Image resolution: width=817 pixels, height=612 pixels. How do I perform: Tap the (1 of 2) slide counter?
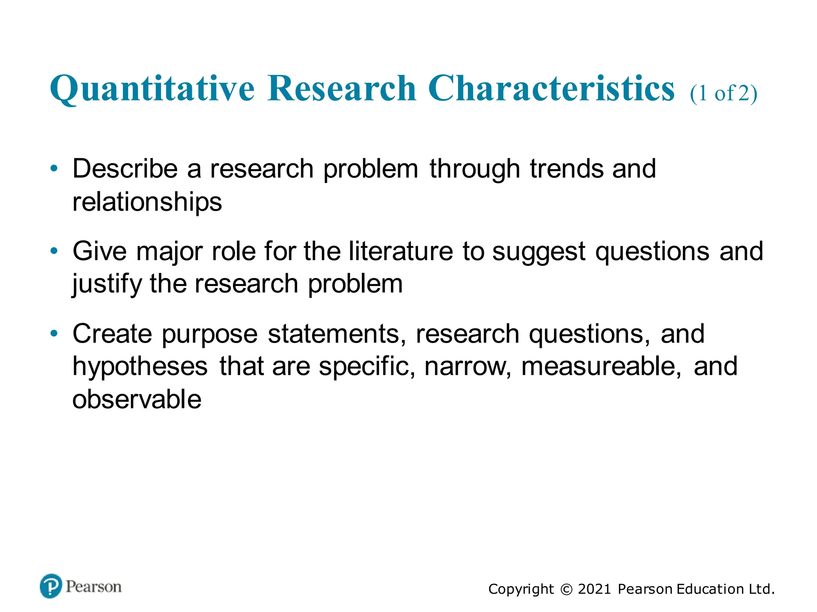point(723,94)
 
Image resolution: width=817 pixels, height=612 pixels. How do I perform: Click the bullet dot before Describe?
point(54,168)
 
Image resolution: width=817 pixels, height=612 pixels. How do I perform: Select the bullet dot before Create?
point(54,333)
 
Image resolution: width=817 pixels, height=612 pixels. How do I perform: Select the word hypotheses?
point(140,367)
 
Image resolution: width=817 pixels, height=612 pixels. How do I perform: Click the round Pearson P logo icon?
point(51,586)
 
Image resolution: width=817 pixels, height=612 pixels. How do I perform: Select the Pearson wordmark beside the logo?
point(94,587)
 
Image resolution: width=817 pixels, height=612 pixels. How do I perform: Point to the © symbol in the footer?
point(566,589)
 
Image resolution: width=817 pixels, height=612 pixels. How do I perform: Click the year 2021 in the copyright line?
point(594,589)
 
